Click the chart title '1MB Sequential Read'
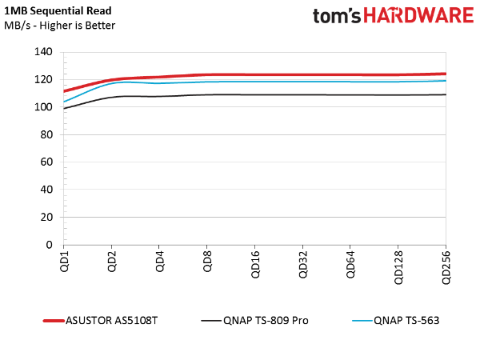58,11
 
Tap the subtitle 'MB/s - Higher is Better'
60,26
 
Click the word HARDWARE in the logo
418,16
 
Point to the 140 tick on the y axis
43,52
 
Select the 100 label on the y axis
43,107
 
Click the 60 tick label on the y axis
46,162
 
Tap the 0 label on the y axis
50,245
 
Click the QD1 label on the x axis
64,261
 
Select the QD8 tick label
207,261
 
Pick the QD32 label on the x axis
303,265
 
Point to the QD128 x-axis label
398,267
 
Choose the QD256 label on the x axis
446,267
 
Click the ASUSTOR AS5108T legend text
112,321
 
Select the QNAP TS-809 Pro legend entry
266,321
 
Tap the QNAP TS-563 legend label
406,321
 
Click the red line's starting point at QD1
64,91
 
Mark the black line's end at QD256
446,94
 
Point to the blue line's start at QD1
64,102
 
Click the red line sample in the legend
54,321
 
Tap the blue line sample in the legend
362,321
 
